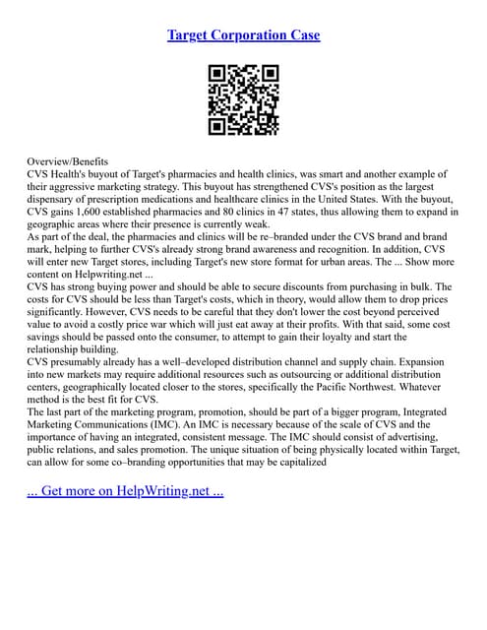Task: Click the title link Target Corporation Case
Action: click(x=243, y=35)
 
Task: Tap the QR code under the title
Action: click(x=243, y=99)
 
